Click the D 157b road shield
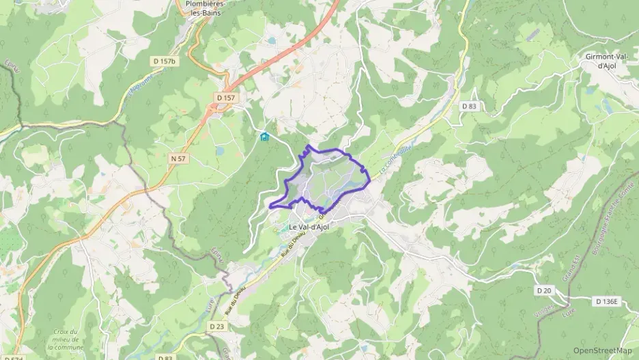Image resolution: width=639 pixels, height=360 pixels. coord(164,61)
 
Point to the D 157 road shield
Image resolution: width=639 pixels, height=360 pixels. coord(225,98)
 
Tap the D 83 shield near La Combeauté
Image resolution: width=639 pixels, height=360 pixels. coord(468,106)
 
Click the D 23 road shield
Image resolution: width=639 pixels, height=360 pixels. coord(217,327)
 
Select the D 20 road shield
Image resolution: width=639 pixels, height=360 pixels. coord(544,290)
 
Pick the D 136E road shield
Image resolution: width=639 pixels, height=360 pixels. coord(607,301)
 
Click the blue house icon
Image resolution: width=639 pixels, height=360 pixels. coord(264,137)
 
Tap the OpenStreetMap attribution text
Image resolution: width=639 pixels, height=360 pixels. coord(603,350)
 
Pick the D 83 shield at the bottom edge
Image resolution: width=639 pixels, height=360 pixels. coord(165,357)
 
